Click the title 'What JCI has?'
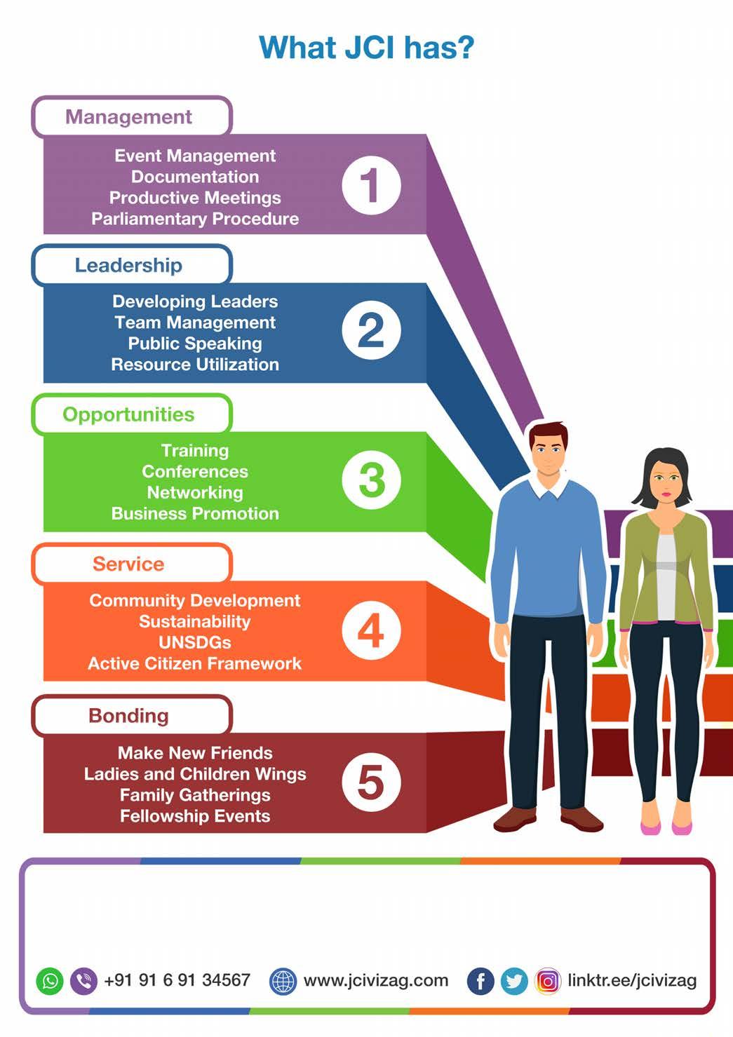[x=366, y=48]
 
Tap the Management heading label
[x=129, y=116]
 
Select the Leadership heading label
[x=129, y=265]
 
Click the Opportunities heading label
[x=129, y=414]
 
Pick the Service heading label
[x=129, y=564]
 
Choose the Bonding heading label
[x=129, y=715]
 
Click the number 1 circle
[x=371, y=186]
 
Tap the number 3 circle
[x=371, y=480]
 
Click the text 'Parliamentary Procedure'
[x=195, y=219]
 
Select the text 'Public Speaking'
[x=195, y=344]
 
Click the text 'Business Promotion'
[x=195, y=513]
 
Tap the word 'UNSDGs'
[x=195, y=642]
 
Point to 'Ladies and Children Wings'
[x=195, y=774]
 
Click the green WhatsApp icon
[x=50, y=980]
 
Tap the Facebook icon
[x=480, y=981]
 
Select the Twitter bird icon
[x=514, y=981]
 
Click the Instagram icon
[x=548, y=981]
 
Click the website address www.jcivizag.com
[x=375, y=980]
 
